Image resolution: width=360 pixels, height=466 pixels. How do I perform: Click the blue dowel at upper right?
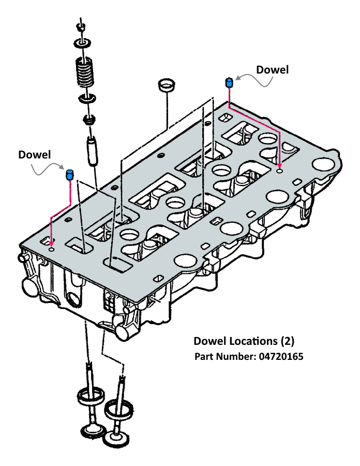click(229, 83)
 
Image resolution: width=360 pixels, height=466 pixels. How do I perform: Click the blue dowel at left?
click(69, 175)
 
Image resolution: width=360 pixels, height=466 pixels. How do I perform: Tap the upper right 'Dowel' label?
click(272, 70)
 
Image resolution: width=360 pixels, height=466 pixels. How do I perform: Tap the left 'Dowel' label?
click(35, 155)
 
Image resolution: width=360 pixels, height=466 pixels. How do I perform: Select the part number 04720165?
click(281, 356)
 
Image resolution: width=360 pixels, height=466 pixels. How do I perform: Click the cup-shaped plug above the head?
click(166, 85)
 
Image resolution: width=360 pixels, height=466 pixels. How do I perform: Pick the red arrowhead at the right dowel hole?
click(279, 166)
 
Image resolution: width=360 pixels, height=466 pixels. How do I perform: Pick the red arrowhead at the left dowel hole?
click(52, 244)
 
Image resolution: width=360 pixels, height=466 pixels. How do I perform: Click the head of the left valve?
click(94, 431)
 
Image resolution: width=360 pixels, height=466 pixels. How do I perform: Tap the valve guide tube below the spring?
click(92, 150)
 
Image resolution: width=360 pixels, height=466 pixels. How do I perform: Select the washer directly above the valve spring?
click(83, 43)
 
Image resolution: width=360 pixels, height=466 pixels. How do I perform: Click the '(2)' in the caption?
click(287, 341)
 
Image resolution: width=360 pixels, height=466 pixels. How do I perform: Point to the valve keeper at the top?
click(81, 27)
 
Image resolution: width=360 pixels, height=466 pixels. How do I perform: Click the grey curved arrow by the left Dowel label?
click(48, 169)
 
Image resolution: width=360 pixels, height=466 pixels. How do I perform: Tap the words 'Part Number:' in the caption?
click(226, 356)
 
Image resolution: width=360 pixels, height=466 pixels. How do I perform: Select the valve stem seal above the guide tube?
click(89, 120)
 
